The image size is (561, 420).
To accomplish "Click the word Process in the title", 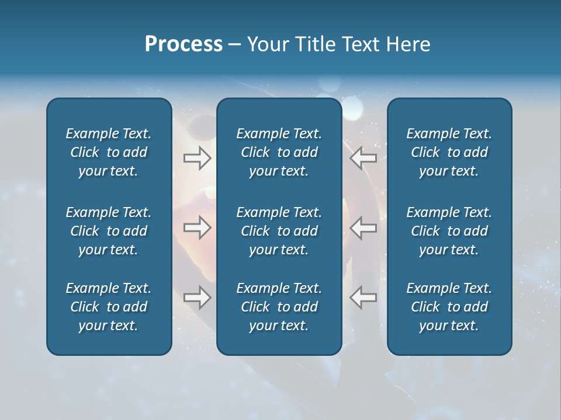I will click(183, 44).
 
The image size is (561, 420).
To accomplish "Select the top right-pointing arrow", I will click(197, 158).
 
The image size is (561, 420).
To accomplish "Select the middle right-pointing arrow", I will click(197, 228).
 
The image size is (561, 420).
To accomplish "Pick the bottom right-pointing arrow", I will click(197, 297).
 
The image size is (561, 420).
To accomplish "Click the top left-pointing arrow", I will click(363, 158).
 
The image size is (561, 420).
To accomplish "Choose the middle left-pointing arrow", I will click(363, 228).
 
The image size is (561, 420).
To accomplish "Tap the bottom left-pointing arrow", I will click(363, 297).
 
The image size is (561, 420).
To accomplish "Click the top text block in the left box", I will click(109, 152).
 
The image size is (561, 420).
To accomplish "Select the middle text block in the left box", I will click(109, 231).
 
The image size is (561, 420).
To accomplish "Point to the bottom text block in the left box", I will click(109, 307).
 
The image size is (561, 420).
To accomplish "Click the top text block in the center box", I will click(279, 152).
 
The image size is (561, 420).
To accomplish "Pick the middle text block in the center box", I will click(279, 231).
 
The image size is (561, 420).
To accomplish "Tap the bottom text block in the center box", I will click(279, 307).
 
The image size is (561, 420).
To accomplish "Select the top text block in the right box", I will click(449, 152).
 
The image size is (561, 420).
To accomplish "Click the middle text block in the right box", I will click(449, 231).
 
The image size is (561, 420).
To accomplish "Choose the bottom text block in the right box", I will click(449, 307).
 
